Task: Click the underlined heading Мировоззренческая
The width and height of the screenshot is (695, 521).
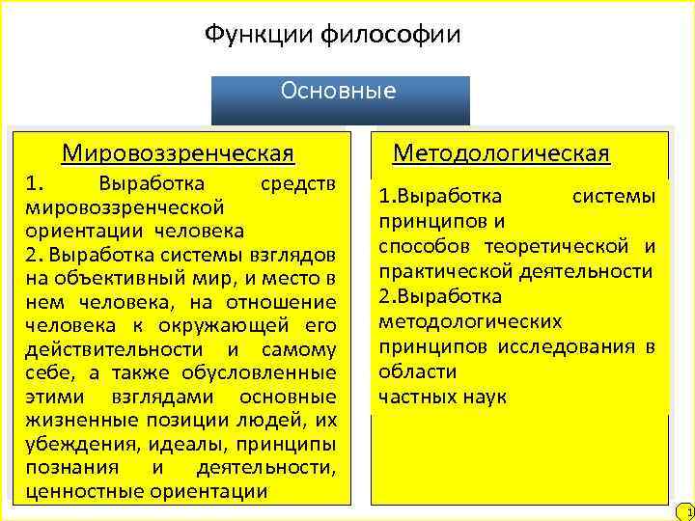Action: click(x=178, y=153)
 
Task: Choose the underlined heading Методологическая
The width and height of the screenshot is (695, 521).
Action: click(x=501, y=153)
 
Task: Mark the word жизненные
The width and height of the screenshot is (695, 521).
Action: click(x=73, y=420)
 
